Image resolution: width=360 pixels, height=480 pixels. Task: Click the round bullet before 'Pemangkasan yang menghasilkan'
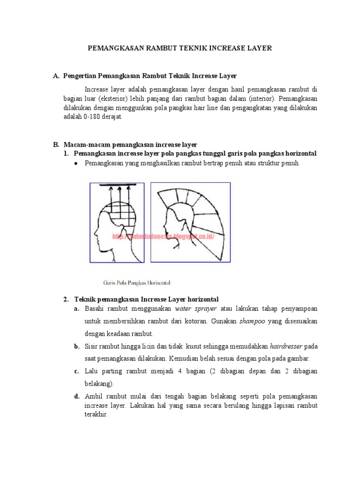(76, 163)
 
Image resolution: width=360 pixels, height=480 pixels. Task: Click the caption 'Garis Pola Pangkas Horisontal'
(136, 283)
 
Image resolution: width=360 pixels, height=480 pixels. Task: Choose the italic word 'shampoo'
(252, 322)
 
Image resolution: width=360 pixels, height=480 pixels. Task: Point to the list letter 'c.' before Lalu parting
(76, 371)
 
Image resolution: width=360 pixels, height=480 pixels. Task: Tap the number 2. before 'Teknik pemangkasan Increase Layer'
(66, 299)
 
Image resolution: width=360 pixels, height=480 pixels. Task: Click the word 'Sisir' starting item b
(91, 347)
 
